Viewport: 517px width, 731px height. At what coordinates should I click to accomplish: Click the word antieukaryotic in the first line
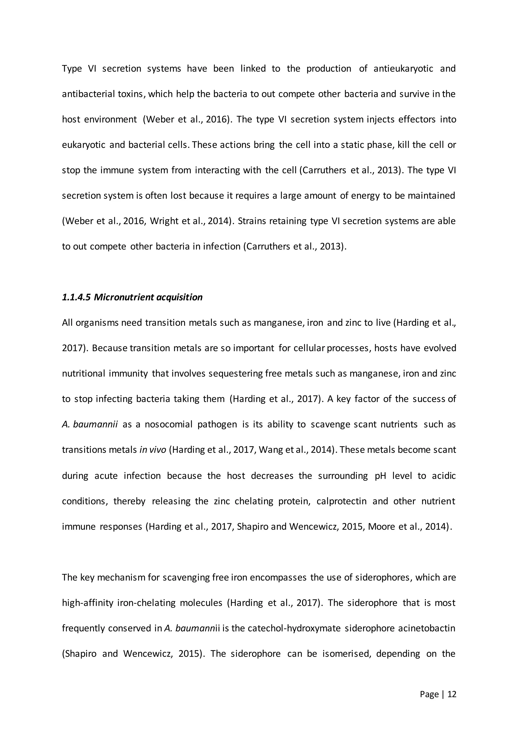coord(403,68)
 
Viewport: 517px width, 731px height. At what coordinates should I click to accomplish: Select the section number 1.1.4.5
coord(76,297)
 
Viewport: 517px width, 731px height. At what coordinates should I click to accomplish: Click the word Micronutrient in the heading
coord(119,297)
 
